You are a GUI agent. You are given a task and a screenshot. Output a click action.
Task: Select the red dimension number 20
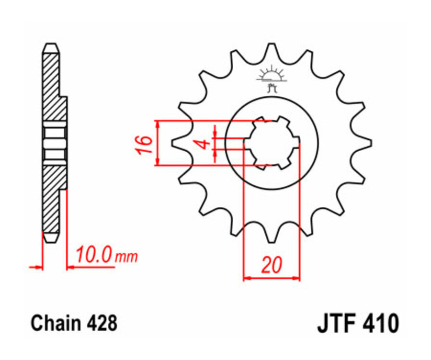[272, 265]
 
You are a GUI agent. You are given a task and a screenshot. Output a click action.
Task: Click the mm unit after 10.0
[126, 257]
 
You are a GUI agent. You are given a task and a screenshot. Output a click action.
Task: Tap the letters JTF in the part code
[338, 324]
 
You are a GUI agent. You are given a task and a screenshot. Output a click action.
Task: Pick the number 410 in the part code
[380, 324]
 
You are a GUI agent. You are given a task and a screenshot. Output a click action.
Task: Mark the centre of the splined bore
[272, 143]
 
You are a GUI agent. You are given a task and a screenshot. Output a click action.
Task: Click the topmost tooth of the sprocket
[272, 48]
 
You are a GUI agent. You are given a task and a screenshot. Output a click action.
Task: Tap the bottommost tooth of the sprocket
[272, 238]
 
